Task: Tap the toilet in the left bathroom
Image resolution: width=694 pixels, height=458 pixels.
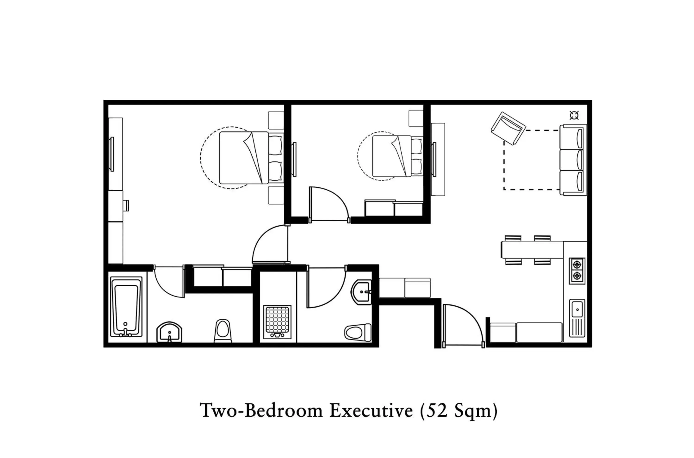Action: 223,331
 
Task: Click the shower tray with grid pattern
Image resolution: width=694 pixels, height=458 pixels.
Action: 277,322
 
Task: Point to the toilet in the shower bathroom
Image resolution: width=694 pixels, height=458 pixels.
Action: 358,332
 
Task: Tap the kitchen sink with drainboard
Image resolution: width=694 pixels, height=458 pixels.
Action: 577,318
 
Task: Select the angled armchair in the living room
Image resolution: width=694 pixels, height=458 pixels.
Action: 508,128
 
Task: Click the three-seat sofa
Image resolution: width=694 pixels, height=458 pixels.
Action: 573,160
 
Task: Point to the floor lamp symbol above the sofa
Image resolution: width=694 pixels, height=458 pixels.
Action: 574,115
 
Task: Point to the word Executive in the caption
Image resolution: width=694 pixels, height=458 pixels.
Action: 371,410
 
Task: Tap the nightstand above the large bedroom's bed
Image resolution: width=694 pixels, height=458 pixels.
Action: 276,120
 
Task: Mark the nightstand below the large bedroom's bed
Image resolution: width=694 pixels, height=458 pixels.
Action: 276,195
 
